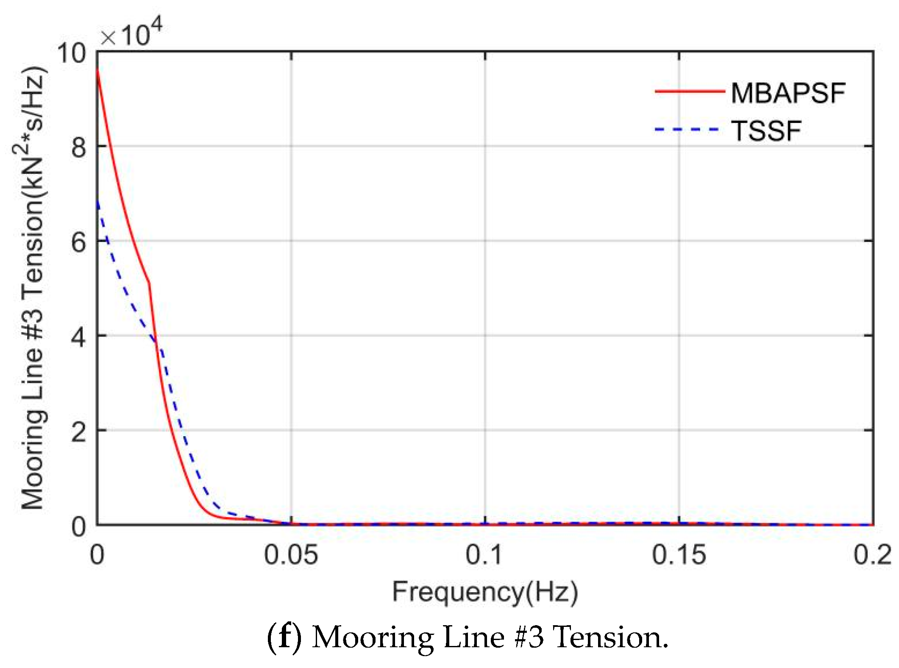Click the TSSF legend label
coord(766,131)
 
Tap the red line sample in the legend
coord(690,91)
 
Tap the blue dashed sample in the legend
coord(687,129)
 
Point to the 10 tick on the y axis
coord(71,53)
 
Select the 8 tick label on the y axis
coord(78,148)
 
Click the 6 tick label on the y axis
coord(78,243)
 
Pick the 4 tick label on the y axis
coord(78,338)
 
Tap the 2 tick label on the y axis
coord(78,433)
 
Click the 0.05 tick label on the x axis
coord(291,554)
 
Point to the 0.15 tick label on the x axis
coord(679,554)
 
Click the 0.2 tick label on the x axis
coord(872,554)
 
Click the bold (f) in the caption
coord(284,637)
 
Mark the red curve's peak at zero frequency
coord(97,70)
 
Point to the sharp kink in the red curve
coord(149,283)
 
